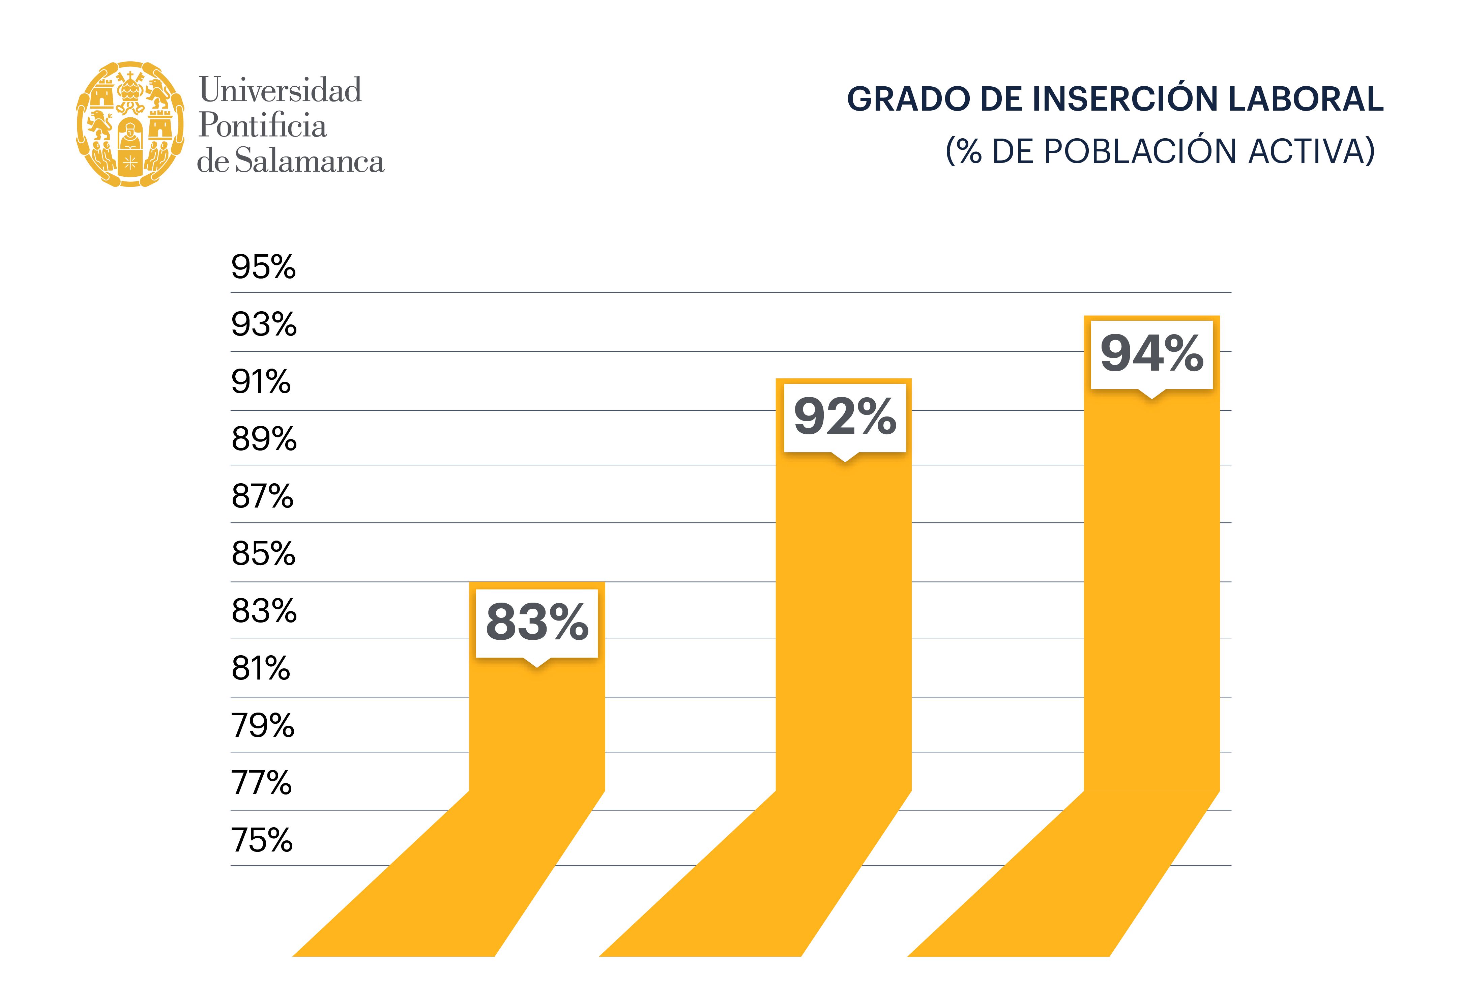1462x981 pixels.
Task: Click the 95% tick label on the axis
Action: pos(263,267)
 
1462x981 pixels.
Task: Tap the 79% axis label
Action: pos(262,726)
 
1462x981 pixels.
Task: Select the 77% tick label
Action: pos(261,783)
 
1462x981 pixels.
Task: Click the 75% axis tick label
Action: pos(262,840)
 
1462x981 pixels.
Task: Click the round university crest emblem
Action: pos(130,124)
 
